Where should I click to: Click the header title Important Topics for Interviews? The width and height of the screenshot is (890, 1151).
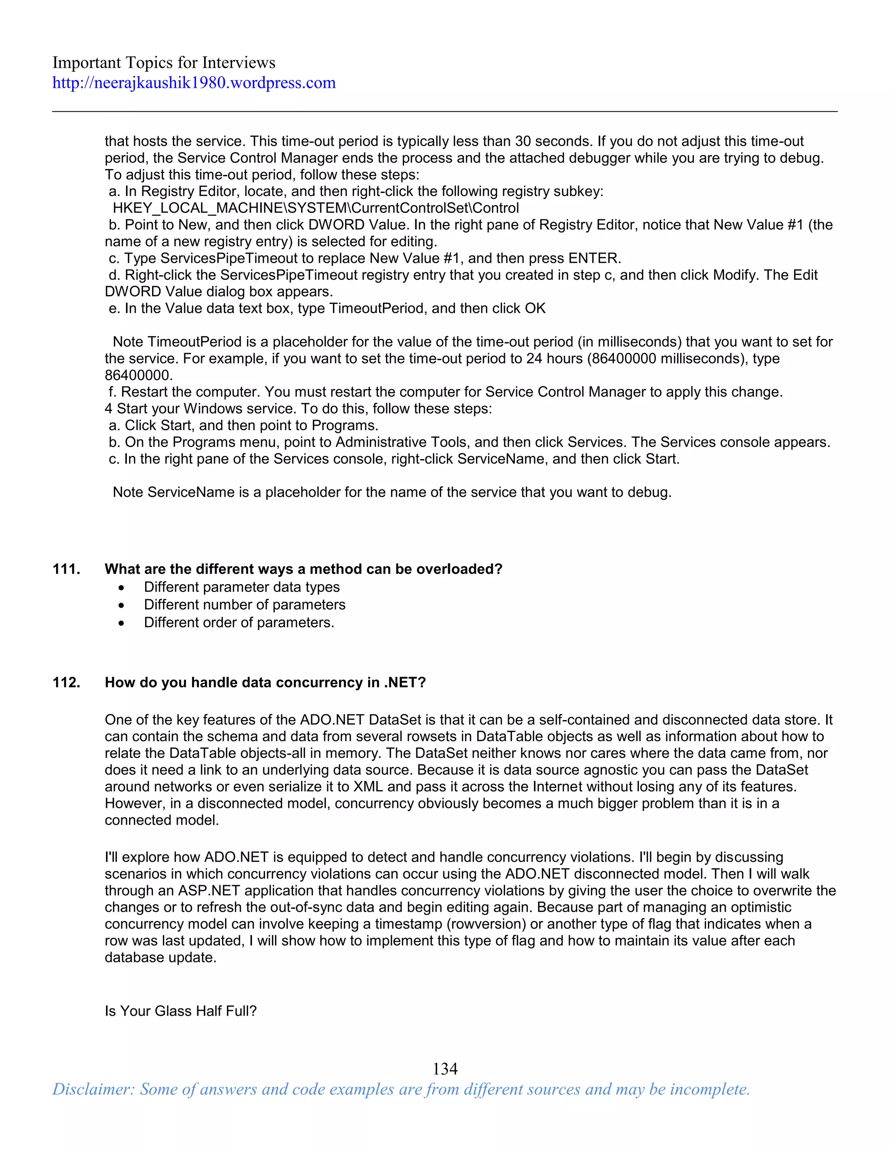coord(163,63)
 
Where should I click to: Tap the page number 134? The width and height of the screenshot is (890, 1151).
coord(445,1069)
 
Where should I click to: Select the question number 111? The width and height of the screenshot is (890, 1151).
coord(66,569)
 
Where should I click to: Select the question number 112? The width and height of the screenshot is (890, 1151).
coord(66,682)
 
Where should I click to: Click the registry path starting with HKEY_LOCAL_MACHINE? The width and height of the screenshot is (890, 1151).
coord(315,208)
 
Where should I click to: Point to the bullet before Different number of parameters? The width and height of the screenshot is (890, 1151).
coord(122,605)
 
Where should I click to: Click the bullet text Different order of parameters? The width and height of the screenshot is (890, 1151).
coord(239,622)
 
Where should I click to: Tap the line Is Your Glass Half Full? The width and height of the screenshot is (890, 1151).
coord(180,1011)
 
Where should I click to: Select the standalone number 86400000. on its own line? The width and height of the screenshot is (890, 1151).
coord(138,375)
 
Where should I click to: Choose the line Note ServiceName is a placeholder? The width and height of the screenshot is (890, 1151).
coord(392,492)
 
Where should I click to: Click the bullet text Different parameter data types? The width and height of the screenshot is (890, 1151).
coord(242,587)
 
